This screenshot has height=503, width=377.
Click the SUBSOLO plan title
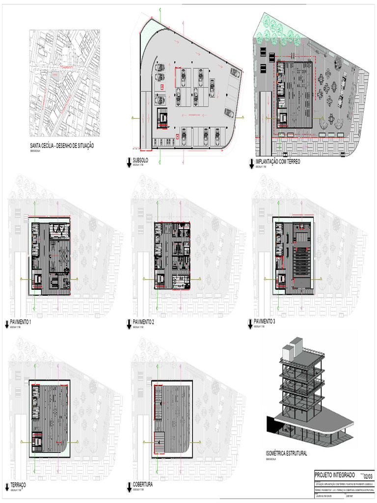[140, 161]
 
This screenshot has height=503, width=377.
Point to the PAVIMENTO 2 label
[143, 322]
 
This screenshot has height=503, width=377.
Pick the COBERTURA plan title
[143, 484]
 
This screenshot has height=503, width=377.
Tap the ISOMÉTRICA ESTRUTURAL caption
[286, 454]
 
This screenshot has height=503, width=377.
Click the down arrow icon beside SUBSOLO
[129, 163]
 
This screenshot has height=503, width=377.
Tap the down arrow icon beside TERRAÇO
[6, 487]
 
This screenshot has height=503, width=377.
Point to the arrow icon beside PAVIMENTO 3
[250, 323]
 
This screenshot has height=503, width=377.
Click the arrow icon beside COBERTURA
[129, 486]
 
